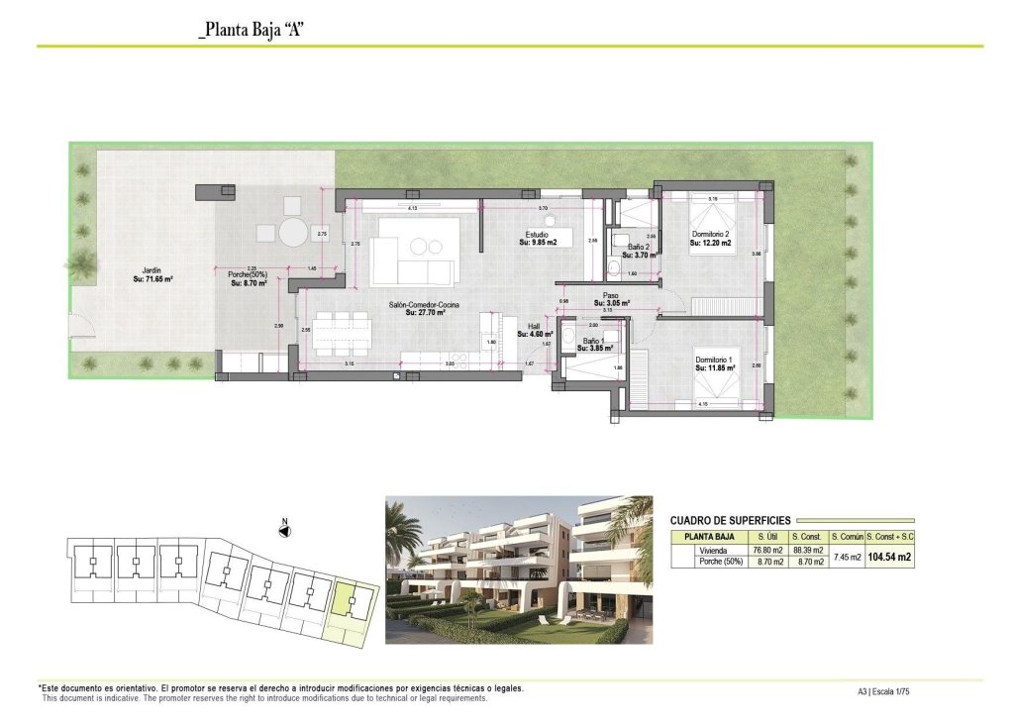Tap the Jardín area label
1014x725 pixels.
click(152, 275)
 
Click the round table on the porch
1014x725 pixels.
click(293, 233)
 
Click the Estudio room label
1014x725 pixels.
click(540, 238)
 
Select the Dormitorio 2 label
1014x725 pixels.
click(711, 239)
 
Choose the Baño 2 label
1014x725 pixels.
click(640, 250)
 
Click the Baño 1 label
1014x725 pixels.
click(594, 344)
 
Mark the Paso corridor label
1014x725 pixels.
click(611, 300)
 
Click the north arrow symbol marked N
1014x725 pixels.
click(284, 531)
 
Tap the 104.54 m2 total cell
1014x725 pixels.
click(889, 557)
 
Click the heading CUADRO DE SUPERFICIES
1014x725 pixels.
click(730, 520)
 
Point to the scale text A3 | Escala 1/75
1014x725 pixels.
click(883, 692)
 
